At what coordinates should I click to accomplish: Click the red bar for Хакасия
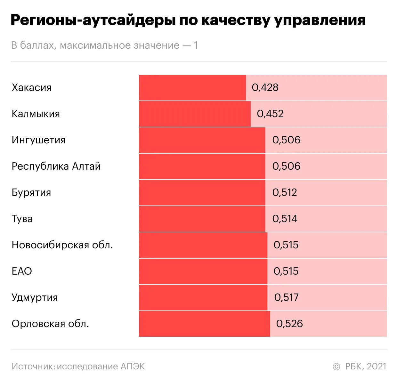point(192,88)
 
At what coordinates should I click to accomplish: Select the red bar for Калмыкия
point(195,114)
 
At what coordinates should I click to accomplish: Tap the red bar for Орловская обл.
point(204,324)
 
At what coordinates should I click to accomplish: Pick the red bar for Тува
point(202,219)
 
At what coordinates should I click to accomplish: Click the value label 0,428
point(265,88)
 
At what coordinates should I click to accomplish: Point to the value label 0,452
point(270,114)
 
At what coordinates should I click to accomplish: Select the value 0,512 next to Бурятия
point(285,193)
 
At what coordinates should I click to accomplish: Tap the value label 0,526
point(289,324)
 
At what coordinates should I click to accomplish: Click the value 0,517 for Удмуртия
point(286,298)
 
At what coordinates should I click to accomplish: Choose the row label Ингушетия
point(38,140)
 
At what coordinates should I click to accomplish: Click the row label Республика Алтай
point(56,166)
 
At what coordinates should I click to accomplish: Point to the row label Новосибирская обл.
point(62,245)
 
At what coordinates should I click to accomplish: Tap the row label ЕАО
point(22,271)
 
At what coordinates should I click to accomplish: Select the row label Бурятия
point(31,193)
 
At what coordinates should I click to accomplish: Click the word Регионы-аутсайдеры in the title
point(93,20)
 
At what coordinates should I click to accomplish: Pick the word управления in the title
point(320,20)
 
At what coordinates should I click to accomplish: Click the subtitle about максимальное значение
point(104,45)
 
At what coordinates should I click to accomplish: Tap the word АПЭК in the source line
point(133,366)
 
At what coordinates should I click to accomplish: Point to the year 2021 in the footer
point(377,366)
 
